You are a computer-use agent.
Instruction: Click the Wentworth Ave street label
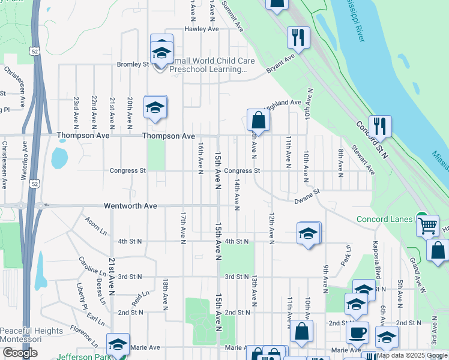pyautogui.click(x=130, y=206)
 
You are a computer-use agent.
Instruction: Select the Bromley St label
pyautogui.click(x=133, y=64)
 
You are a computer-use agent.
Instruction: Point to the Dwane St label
pyautogui.click(x=307, y=197)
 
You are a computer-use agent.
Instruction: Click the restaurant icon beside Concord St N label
pyautogui.click(x=379, y=126)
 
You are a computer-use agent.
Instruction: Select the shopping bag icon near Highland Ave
pyautogui.click(x=258, y=120)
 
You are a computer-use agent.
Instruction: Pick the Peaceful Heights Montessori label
pyautogui.click(x=31, y=335)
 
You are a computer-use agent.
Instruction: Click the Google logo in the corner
pyautogui.click(x=20, y=353)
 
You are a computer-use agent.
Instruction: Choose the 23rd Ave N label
pyautogui.click(x=76, y=112)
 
